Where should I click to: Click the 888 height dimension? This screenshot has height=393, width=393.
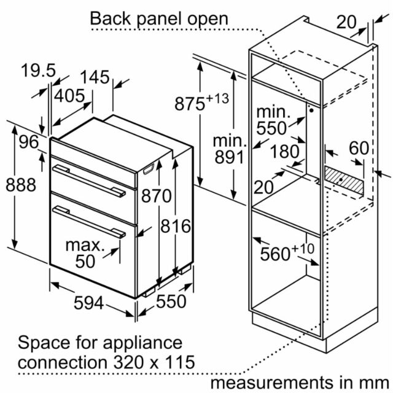click(21, 185)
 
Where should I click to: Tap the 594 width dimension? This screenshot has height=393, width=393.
click(88, 303)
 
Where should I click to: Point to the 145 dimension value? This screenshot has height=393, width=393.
click(95, 77)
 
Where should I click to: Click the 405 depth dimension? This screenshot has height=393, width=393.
click(69, 96)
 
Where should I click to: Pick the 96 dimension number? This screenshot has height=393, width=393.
click(29, 142)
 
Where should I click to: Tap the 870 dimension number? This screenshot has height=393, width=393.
click(157, 195)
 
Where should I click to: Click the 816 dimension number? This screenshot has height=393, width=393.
click(176, 226)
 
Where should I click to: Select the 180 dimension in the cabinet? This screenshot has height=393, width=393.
click(285, 152)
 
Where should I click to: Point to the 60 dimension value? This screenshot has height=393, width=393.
click(359, 148)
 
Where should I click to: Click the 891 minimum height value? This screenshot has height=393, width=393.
click(229, 157)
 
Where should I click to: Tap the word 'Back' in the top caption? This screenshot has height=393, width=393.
click(111, 18)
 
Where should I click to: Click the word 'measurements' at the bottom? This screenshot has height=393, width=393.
click(271, 383)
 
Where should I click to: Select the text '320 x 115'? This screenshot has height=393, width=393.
click(154, 362)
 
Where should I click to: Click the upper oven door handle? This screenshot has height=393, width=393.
click(89, 181)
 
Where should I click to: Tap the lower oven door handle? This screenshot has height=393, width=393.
click(89, 222)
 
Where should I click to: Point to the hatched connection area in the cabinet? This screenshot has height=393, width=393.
click(344, 181)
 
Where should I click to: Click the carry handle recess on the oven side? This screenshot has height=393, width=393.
click(149, 169)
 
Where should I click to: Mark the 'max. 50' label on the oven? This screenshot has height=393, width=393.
click(85, 254)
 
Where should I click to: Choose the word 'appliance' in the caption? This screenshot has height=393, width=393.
click(142, 343)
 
